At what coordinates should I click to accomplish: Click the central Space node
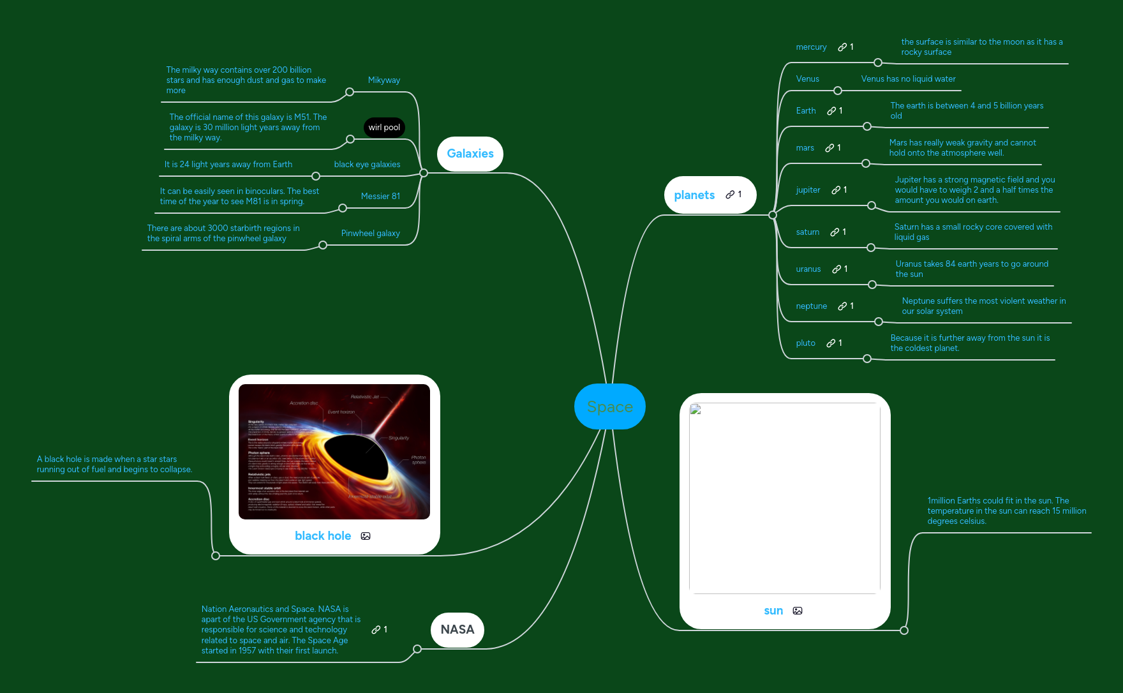[609, 406]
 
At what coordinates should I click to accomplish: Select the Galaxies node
[470, 154]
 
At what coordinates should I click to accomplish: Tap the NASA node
[457, 630]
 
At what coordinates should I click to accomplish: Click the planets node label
[694, 195]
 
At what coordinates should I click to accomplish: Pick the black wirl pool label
[384, 128]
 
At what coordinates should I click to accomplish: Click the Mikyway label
[384, 80]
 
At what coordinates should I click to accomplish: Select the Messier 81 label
[380, 197]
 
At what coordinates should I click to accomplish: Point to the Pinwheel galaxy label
[370, 234]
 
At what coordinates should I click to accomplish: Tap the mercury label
[811, 47]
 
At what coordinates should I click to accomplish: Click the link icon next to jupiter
[836, 190]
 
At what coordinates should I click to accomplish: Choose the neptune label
[811, 306]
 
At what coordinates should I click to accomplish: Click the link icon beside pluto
[831, 343]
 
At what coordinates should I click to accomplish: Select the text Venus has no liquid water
[908, 79]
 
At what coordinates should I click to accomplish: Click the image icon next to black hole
[366, 536]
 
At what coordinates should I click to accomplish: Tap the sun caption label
[773, 611]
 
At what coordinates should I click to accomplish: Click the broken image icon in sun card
[696, 410]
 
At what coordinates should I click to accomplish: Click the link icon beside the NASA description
[376, 630]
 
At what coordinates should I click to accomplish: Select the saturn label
[807, 232]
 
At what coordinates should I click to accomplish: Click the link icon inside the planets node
[730, 195]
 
